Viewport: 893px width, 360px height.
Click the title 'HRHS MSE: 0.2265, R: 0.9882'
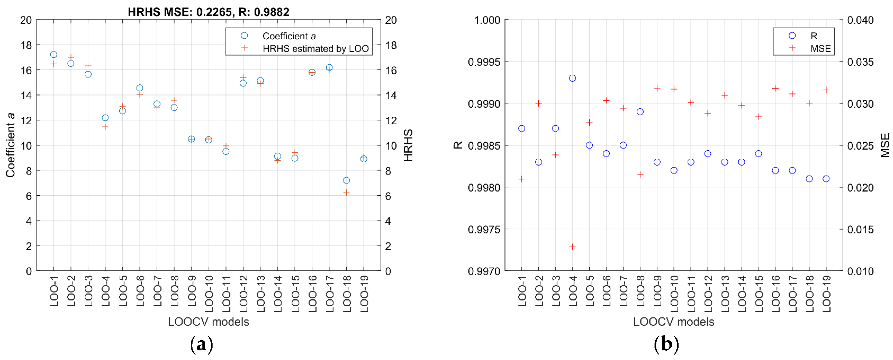tap(208, 12)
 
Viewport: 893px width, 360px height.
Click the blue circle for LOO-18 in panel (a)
tap(346, 180)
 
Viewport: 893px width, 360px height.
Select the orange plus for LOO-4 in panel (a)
tap(105, 127)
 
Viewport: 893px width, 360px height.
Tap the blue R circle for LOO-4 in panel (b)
tap(572, 78)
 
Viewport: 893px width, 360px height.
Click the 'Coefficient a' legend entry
tap(289, 36)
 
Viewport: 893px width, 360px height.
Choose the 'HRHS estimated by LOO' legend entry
tap(315, 49)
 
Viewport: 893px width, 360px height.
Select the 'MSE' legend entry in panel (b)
tap(820, 49)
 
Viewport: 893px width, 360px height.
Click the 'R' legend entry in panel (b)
tap(814, 36)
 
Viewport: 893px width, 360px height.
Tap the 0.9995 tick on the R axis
tap(484, 62)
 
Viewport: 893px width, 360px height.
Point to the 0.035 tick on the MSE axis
tap(860, 62)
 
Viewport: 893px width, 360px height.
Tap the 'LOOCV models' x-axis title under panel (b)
tap(673, 322)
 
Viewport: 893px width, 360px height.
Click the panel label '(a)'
tap(201, 345)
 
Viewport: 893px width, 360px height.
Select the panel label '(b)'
tap(666, 345)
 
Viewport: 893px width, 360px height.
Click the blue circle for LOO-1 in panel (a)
tap(54, 54)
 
